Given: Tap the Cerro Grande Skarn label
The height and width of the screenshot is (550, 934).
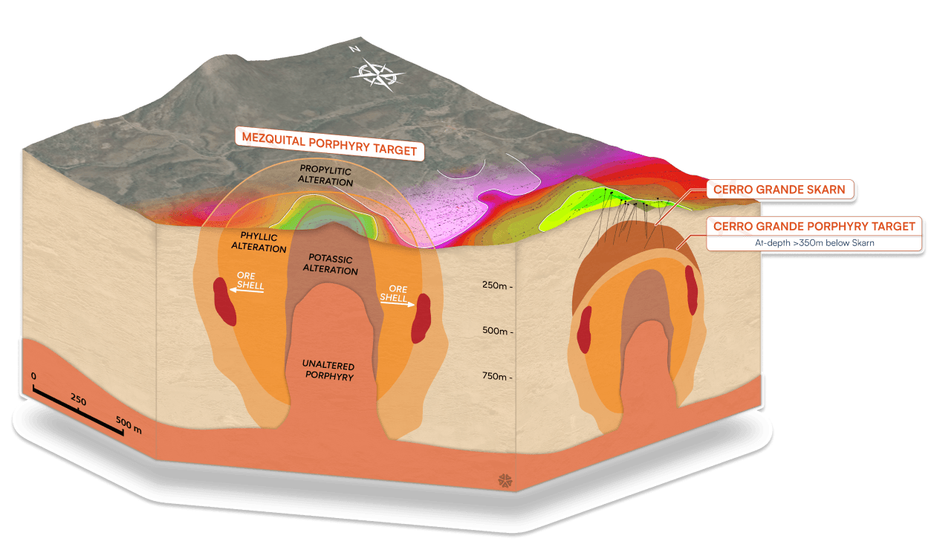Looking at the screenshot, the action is click(x=779, y=190).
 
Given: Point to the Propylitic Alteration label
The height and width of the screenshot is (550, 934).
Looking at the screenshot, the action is click(x=326, y=176).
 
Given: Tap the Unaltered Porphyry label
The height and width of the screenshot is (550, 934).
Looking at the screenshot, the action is click(x=328, y=371).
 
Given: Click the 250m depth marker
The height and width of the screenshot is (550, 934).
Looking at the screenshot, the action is click(x=497, y=285).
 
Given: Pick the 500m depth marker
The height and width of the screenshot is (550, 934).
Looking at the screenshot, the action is click(x=497, y=331).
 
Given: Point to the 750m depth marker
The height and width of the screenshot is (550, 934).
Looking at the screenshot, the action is click(x=497, y=377).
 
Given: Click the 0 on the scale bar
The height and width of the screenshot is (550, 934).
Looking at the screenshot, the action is click(x=33, y=376).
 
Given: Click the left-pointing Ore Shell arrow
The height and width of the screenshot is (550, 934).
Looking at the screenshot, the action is click(x=246, y=291).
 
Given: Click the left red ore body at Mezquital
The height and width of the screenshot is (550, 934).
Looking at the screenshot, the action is click(x=224, y=301).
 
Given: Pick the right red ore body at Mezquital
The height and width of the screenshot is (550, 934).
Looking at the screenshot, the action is click(x=423, y=317).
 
